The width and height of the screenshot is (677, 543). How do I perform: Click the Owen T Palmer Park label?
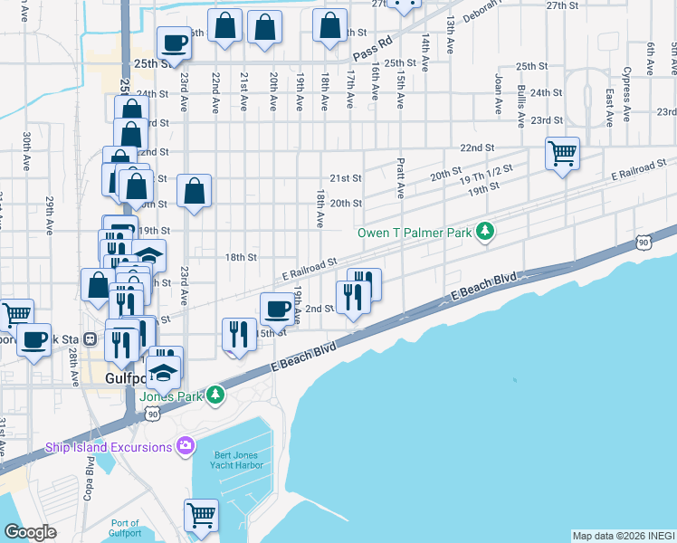pos(415,233)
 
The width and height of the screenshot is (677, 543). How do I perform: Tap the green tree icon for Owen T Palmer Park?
pos(486,232)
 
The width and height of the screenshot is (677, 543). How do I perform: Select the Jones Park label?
pos(171,395)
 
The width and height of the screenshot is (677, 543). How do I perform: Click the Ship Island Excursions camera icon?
pos(186,445)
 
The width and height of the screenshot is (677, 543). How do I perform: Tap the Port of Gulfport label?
pos(126,529)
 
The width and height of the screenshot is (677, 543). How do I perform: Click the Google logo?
pos(30,532)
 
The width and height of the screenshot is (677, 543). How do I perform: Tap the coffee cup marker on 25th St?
pos(174,42)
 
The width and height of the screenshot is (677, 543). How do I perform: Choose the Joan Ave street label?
pos(497,95)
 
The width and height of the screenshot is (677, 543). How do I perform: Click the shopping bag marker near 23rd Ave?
pos(194,191)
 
